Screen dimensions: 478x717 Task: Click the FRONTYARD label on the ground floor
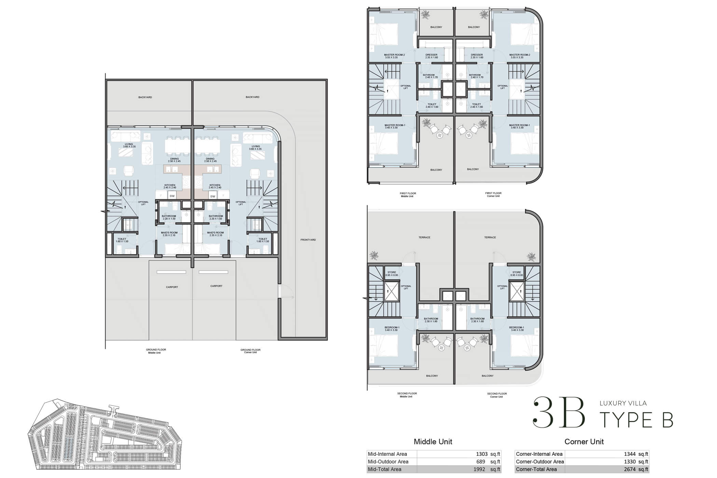pos(308,240)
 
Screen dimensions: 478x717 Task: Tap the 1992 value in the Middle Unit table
pos(479,469)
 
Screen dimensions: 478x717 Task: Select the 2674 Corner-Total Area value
pos(630,469)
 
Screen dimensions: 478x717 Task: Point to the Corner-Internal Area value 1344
pos(630,454)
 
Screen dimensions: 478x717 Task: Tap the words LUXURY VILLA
pos(623,403)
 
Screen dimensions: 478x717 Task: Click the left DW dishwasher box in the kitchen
pos(172,196)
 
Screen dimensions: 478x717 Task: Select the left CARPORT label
pos(172,287)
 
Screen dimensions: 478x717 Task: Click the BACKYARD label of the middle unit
pos(145,97)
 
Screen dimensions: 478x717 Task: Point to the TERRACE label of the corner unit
pos(490,237)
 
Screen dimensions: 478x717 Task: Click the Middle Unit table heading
pos(433,441)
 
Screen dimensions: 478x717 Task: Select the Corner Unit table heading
pos(584,441)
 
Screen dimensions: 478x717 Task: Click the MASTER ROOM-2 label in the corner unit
pos(519,56)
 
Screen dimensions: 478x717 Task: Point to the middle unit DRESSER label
pos(431,56)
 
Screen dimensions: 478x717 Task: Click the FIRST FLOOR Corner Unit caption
pos(493,195)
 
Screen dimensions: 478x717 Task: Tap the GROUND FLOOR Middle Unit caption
pos(156,351)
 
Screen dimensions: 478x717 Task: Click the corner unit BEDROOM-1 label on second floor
pos(516,328)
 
